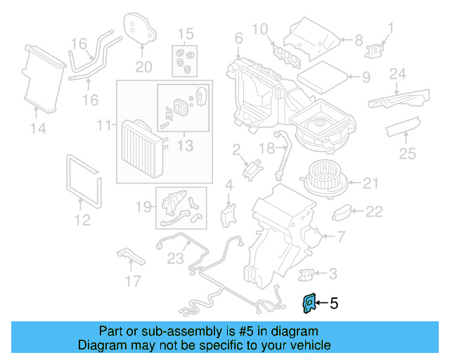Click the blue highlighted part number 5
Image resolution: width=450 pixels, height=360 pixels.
coord(308,303)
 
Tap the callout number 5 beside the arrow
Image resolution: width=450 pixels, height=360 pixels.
coord(334,304)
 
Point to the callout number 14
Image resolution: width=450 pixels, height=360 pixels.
coord(38,128)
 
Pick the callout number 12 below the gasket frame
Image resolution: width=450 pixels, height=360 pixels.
coord(82,220)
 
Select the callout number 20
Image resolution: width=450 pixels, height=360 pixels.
coord(143,67)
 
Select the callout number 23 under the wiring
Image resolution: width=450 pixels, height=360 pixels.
coord(174,257)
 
